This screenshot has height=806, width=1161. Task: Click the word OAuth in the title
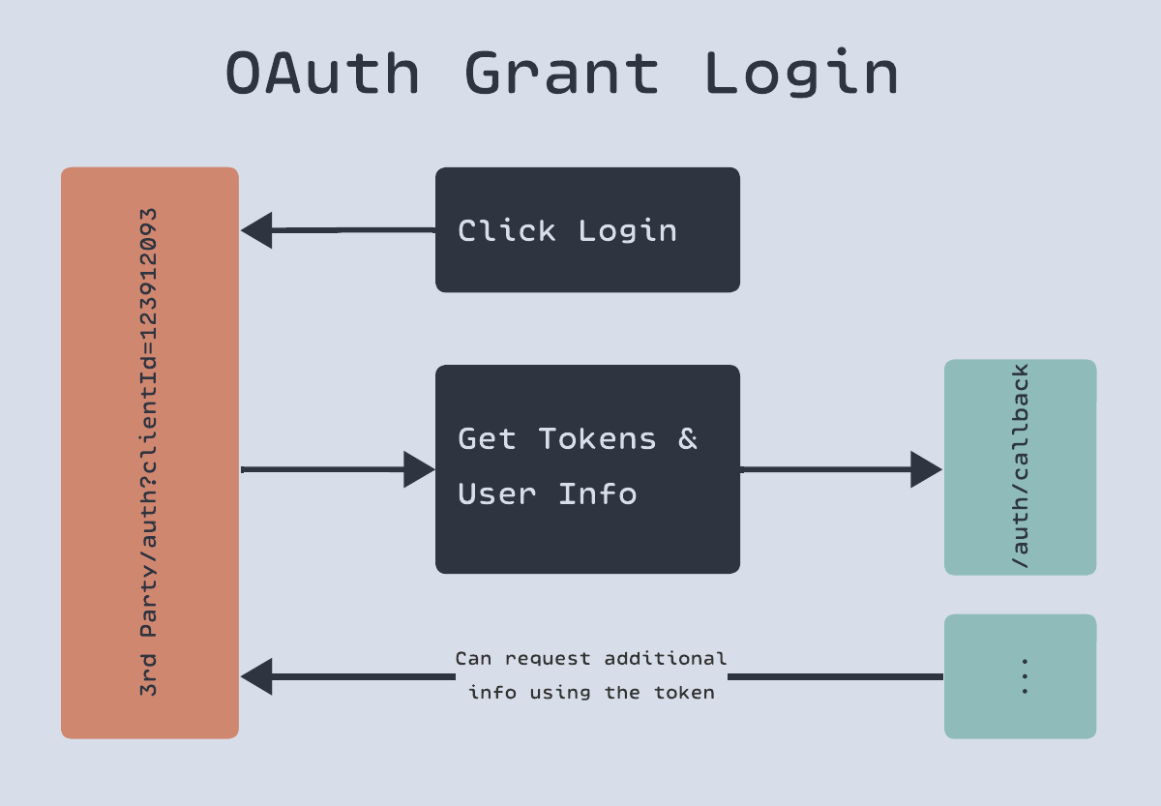(x=322, y=74)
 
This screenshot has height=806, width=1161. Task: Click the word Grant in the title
(x=562, y=74)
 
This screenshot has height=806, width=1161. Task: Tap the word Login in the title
(x=801, y=73)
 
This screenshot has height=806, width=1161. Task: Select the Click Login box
(x=587, y=229)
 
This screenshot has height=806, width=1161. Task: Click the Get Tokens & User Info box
(x=587, y=469)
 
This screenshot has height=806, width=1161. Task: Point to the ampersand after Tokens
(x=687, y=438)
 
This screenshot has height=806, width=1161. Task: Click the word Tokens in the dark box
(x=597, y=438)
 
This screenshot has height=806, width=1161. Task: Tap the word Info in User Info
(x=598, y=493)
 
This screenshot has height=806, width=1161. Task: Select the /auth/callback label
(x=1020, y=466)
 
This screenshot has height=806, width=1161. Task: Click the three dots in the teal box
(x=1025, y=676)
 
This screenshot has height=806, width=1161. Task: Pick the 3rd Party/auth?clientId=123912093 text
(x=148, y=452)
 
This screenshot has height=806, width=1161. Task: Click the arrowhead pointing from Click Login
(x=256, y=230)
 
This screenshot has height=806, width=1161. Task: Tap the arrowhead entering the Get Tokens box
(x=419, y=469)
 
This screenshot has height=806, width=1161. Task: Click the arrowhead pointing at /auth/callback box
(x=926, y=469)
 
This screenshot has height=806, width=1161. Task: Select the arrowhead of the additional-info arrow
(x=256, y=676)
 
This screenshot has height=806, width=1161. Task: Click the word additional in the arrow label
(x=665, y=658)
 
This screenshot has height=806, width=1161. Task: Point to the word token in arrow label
(x=684, y=693)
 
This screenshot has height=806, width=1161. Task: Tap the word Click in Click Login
(x=506, y=230)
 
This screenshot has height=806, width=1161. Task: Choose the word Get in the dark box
(x=487, y=438)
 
